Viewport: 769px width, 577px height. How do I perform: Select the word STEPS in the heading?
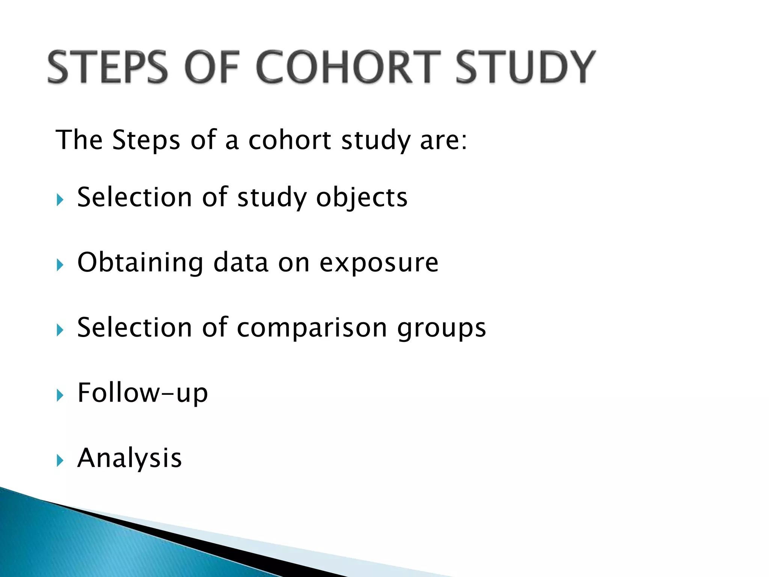[x=107, y=68]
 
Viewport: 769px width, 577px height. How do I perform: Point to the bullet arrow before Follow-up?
[x=60, y=395]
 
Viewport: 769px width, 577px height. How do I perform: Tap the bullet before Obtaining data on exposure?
[x=60, y=265]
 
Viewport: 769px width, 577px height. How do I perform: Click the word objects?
[x=361, y=198]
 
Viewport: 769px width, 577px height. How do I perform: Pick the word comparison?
[x=312, y=328]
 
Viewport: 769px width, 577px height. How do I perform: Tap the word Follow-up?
[x=142, y=393]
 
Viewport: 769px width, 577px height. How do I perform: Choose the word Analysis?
[x=129, y=458]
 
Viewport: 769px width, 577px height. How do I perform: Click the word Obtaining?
[x=140, y=263]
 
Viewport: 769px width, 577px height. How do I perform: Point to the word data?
[x=241, y=263]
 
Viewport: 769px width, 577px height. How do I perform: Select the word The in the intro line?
[x=79, y=140]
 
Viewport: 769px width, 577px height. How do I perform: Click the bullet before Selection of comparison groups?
[x=60, y=330]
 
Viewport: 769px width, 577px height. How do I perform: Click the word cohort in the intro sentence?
[x=290, y=140]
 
